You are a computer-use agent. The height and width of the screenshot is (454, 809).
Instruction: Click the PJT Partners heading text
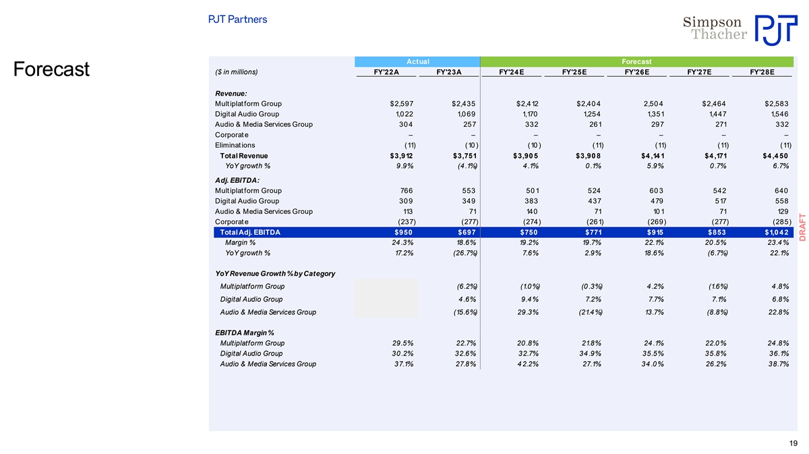pyautogui.click(x=237, y=20)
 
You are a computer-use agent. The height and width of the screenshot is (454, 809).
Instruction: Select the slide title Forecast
pyautogui.click(x=52, y=70)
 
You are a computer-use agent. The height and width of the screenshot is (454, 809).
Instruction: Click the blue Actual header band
pyautogui.click(x=417, y=62)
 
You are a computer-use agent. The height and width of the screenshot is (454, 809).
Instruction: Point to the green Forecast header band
pyautogui.click(x=636, y=62)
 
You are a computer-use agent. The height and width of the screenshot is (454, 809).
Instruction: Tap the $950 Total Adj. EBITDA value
pyautogui.click(x=403, y=233)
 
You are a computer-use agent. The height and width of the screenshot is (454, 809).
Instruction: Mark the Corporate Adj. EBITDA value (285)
pyautogui.click(x=777, y=222)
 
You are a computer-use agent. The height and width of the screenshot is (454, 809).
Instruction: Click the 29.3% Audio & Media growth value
pyautogui.click(x=525, y=312)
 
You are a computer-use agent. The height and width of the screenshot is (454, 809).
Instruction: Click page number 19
pyautogui.click(x=792, y=443)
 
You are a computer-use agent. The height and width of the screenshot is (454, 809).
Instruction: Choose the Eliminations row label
pyautogui.click(x=235, y=145)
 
